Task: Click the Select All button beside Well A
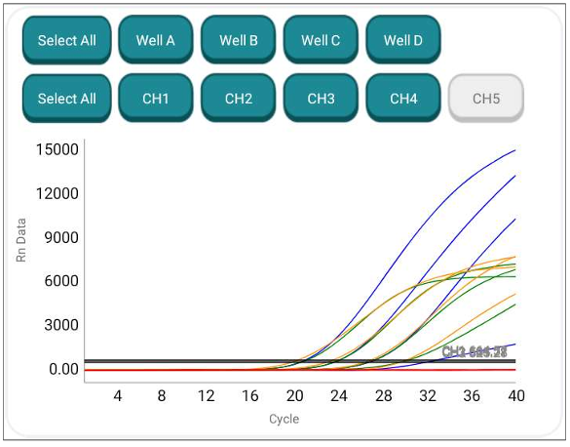pyautogui.click(x=66, y=40)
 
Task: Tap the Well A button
pyautogui.click(x=156, y=40)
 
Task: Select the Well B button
pyautogui.click(x=239, y=40)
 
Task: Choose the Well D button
pyautogui.click(x=403, y=40)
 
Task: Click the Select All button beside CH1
pyautogui.click(x=66, y=99)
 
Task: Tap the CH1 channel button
pyautogui.click(x=156, y=99)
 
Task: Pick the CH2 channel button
pyautogui.click(x=239, y=99)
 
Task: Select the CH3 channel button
pyautogui.click(x=321, y=99)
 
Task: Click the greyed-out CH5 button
pyautogui.click(x=486, y=99)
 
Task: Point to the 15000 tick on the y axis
pyautogui.click(x=57, y=149)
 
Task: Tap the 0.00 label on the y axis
pyautogui.click(x=60, y=369)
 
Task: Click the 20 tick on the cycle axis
pyautogui.click(x=294, y=396)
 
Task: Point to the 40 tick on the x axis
pyautogui.click(x=515, y=396)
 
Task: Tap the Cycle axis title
pyautogui.click(x=284, y=420)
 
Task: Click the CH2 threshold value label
pyautogui.click(x=475, y=351)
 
